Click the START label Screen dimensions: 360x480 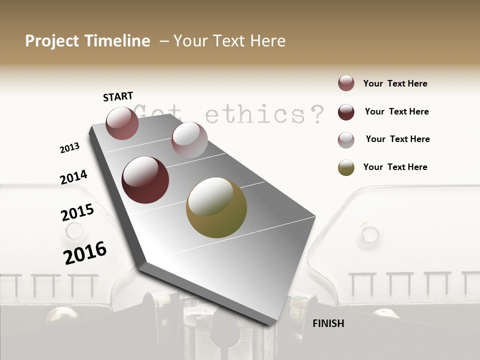coord(118,96)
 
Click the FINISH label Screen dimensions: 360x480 coord(328,323)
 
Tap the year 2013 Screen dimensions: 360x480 coord(69,148)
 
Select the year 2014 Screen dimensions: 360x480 coord(73,177)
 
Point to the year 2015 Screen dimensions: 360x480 coord(77,212)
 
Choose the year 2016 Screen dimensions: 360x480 coord(85,252)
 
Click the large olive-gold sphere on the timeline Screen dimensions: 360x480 coord(216,207)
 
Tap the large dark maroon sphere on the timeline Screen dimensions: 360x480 coord(145,180)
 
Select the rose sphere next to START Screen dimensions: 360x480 coord(122,123)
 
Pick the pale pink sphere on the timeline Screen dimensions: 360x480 coord(189,140)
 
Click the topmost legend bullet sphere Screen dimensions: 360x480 coord(346,83)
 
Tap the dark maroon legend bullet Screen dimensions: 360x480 coord(346,112)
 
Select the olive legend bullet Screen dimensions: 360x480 coord(346,167)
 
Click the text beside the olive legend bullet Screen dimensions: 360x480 coord(395,167)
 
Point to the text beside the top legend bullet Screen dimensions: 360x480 coord(395,83)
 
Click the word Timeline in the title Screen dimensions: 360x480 coord(117,41)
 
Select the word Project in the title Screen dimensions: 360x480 coord(52,41)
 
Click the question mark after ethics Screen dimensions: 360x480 coord(315,114)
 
